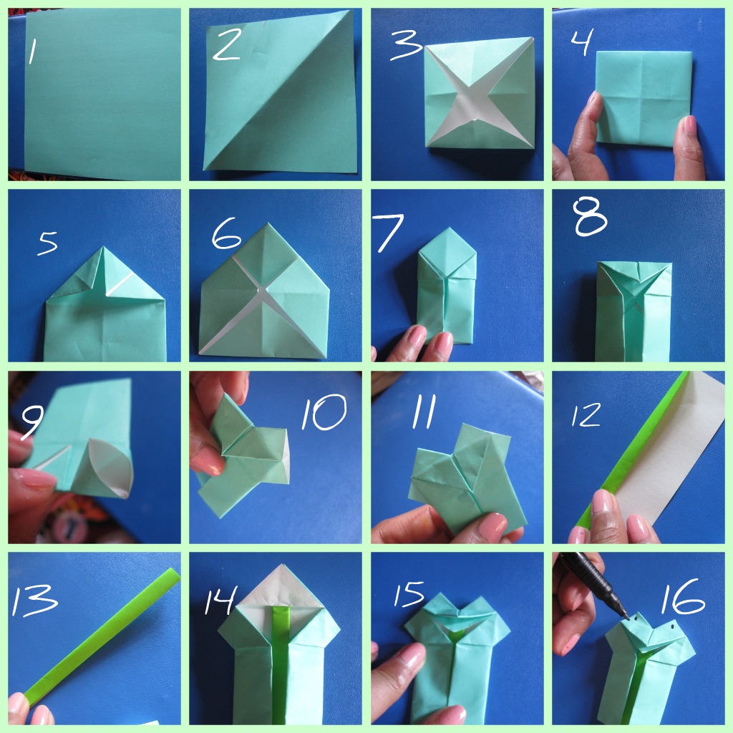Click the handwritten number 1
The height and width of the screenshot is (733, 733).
point(31,52)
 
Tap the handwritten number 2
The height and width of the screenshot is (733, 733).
point(227,44)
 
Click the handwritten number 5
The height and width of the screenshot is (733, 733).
point(48,243)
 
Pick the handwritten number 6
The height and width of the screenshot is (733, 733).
point(226,234)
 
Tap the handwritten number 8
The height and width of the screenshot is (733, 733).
point(590,216)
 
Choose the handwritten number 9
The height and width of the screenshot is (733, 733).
point(33,422)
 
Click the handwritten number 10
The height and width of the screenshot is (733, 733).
point(324,412)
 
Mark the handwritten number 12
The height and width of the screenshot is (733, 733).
point(586,415)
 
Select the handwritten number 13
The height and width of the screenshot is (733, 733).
point(34,600)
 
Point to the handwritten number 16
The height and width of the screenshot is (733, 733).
point(682,596)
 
